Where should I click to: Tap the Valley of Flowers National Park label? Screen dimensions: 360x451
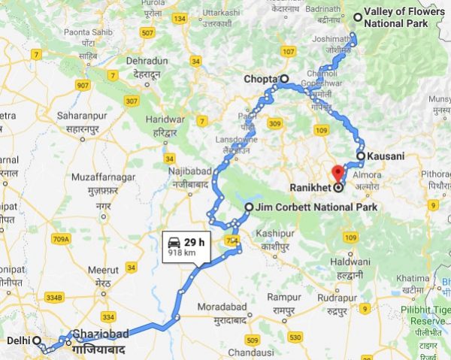(x=395, y=18)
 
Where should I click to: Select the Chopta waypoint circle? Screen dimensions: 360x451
(x=284, y=79)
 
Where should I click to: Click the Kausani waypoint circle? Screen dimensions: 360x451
(x=361, y=156)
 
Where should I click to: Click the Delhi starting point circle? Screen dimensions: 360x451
(x=36, y=340)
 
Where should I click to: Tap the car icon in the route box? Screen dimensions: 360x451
(x=174, y=242)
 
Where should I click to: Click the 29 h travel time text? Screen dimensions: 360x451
(x=195, y=242)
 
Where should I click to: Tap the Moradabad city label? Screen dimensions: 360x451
(x=222, y=308)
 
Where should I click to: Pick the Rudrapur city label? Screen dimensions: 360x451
(x=337, y=298)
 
